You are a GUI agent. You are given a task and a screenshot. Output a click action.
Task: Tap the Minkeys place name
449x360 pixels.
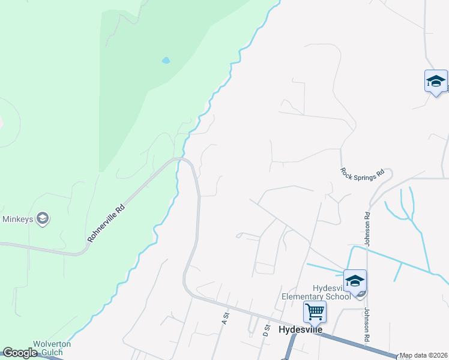pos(17,219)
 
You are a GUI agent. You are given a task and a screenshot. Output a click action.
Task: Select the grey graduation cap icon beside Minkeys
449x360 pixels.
pos(42,219)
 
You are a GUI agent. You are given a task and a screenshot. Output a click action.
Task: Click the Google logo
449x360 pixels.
pos(20,353)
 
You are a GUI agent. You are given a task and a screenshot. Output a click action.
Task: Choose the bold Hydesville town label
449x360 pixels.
pos(301,330)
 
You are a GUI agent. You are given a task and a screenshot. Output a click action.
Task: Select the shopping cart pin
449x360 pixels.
pos(315,312)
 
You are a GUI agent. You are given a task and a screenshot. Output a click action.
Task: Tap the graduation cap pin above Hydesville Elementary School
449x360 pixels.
pos(355,281)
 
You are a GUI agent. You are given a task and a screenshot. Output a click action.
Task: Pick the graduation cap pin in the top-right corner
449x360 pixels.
pos(435,82)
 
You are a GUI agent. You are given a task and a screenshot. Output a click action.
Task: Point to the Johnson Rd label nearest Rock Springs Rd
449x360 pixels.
pos(367,228)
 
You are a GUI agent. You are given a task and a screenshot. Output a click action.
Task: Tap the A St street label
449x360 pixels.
pos(226,318)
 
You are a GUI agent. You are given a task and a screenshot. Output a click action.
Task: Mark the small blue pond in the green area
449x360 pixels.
pos(166,61)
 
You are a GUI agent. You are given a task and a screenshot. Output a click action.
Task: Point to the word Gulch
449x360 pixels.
pos(61,352)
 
